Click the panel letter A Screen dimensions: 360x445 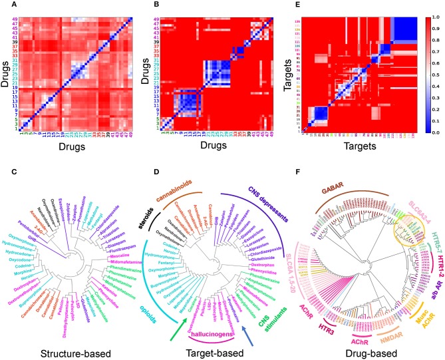click(5, 5)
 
